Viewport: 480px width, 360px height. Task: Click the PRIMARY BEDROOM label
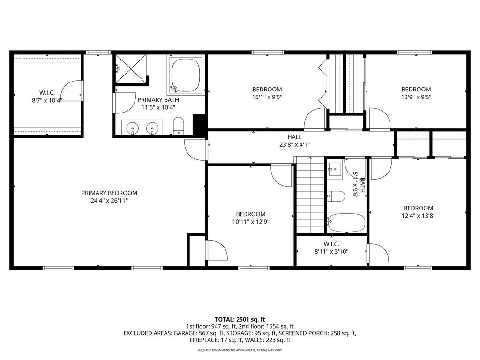pyautogui.click(x=109, y=193)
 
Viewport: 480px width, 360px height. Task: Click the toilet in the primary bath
pyautogui.click(x=179, y=126)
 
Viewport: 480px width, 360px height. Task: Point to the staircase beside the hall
pyautogui.click(x=309, y=194)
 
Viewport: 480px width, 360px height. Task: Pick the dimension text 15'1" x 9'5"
pyautogui.click(x=267, y=97)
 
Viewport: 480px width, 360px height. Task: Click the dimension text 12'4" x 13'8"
pyautogui.click(x=418, y=216)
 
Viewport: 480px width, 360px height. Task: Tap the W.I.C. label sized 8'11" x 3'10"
pyautogui.click(x=331, y=251)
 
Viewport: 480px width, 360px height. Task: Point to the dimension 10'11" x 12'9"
pyautogui.click(x=250, y=222)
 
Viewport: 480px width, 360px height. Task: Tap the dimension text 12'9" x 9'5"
pyautogui.click(x=416, y=97)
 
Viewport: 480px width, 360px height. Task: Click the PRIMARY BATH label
pyautogui.click(x=158, y=99)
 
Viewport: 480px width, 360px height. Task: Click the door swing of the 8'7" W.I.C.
pyautogui.click(x=71, y=91)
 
